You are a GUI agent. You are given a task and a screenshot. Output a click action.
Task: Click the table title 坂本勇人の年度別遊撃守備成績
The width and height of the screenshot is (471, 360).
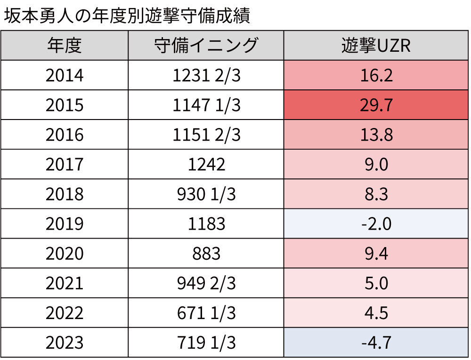coord(126,16)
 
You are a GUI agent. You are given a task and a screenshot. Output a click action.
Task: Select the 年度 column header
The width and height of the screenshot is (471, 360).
coord(65,46)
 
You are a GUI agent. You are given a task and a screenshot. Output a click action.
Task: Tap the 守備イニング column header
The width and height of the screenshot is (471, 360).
coord(206,46)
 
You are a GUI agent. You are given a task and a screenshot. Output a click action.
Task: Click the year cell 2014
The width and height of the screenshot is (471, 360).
coord(65,75)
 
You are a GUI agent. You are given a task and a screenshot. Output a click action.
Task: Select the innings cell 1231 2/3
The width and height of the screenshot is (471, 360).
coord(206,75)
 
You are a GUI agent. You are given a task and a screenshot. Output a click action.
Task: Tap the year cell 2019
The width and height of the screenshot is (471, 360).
coord(65,224)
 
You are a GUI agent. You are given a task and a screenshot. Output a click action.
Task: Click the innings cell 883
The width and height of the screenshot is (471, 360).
coord(206,253)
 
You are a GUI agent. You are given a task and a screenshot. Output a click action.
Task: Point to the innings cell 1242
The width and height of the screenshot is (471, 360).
coord(206,164)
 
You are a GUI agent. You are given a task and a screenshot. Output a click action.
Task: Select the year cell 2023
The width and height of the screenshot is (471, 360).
coord(65,342)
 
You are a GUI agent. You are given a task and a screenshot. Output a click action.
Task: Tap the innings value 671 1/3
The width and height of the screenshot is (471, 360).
coord(206,312)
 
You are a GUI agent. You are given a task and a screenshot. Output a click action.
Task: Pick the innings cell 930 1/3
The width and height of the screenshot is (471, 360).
coord(206,194)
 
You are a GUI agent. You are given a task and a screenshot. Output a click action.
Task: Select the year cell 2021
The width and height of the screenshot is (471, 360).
coord(65,283)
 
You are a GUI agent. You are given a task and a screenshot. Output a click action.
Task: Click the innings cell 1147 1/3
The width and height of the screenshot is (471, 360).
coord(206,105)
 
